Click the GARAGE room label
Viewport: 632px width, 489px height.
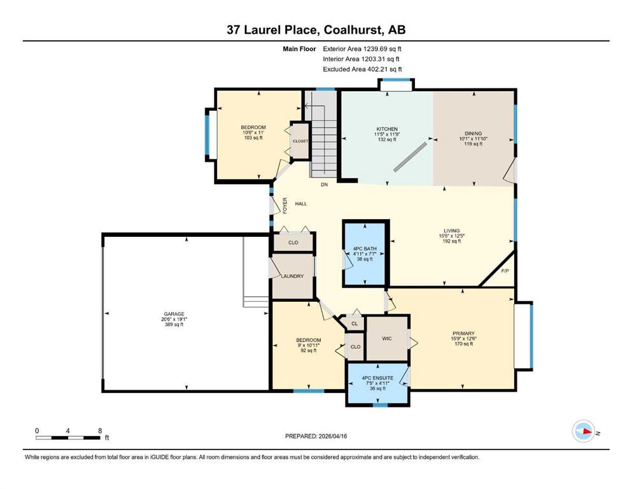(174, 314)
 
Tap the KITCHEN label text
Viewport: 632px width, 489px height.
(387, 129)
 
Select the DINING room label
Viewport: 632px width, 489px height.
(473, 134)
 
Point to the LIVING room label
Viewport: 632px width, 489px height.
(451, 231)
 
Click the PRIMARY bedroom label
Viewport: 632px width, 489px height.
(463, 334)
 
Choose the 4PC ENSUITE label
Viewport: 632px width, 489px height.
(377, 378)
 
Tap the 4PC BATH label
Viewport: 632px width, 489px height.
(365, 249)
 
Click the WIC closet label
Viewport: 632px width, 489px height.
(387, 339)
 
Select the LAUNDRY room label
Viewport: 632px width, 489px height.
(292, 276)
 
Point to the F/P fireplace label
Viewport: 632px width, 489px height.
(505, 271)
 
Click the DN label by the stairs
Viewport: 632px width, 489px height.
(325, 185)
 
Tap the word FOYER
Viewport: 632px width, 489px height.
(285, 205)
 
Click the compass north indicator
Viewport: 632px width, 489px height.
(584, 431)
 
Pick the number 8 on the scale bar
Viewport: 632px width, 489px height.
(100, 430)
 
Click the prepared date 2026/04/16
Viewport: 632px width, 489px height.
(332, 436)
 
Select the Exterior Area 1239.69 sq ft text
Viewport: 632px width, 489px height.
(362, 49)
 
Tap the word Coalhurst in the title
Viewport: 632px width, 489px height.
(353, 30)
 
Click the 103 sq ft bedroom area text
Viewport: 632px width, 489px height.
(253, 138)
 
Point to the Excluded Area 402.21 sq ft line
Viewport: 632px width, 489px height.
(362, 69)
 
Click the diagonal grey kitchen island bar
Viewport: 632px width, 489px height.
(410, 157)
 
